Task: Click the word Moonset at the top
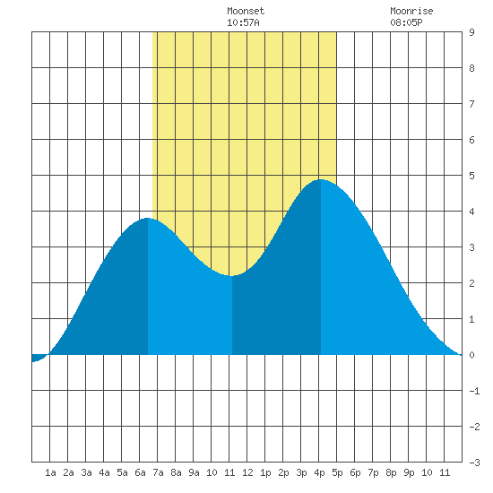(x=246, y=11)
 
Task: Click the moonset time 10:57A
(x=243, y=22)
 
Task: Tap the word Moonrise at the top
(x=411, y=11)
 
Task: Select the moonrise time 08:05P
(x=406, y=22)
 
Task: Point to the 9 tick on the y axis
(x=471, y=32)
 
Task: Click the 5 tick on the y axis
(x=471, y=176)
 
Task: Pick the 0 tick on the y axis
(x=471, y=355)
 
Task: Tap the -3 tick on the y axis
(x=474, y=463)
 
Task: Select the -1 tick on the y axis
(x=474, y=391)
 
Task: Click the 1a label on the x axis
(x=50, y=472)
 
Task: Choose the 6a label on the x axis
(x=140, y=472)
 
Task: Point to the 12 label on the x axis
(x=247, y=472)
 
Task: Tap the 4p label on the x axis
(x=319, y=472)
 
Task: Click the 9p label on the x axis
(x=409, y=472)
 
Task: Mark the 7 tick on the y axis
(x=471, y=104)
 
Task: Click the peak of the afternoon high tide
(x=321, y=179)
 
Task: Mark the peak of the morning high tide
(x=148, y=218)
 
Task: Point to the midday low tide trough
(x=232, y=276)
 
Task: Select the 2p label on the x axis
(x=283, y=472)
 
